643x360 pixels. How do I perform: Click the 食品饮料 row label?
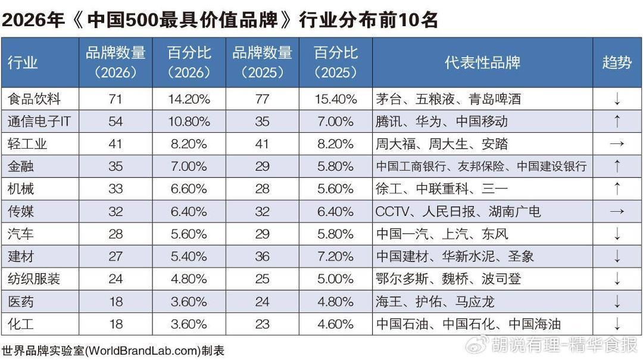tap(34, 99)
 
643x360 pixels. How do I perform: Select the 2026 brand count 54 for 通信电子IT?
tap(116, 121)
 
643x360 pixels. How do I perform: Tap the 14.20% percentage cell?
tap(189, 99)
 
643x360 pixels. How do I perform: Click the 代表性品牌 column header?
tap(483, 62)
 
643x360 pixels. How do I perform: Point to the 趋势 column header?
tap(617, 62)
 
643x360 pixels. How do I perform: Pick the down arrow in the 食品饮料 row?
tap(617, 99)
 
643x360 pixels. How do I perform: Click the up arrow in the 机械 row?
tap(617, 189)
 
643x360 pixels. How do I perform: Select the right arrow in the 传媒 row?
tap(617, 212)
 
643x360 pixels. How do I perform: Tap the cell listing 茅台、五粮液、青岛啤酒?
tap(448, 99)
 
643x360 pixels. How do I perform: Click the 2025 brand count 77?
tap(263, 99)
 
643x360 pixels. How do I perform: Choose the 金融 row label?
tap(20, 167)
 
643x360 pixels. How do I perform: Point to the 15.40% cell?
tap(336, 99)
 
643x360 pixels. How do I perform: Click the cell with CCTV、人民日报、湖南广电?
tap(458, 212)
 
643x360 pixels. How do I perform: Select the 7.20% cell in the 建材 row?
tap(336, 256)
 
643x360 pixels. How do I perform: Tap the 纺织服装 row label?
tap(34, 279)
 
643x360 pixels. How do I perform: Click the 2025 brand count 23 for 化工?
tap(263, 324)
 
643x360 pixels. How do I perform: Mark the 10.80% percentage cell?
tap(189, 121)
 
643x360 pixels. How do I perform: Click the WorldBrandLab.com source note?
tap(113, 351)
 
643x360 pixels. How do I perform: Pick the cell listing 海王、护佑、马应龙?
tap(435, 302)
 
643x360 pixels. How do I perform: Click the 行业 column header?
tap(23, 62)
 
